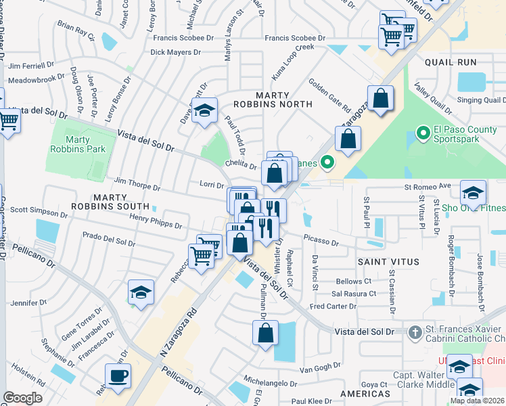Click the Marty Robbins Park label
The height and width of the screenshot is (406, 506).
pyautogui.click(x=70, y=145)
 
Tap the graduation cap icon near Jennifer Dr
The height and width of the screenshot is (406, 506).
pyautogui.click(x=141, y=292)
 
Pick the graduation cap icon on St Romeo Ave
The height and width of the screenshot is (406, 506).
pyautogui.click(x=473, y=191)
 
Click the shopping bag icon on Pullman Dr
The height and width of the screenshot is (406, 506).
pyautogui.click(x=265, y=333)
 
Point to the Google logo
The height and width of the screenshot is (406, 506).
pyautogui.click(x=22, y=398)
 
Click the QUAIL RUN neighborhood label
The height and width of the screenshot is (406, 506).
pyautogui.click(x=451, y=62)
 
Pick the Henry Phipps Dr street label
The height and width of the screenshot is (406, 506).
pyautogui.click(x=156, y=221)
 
